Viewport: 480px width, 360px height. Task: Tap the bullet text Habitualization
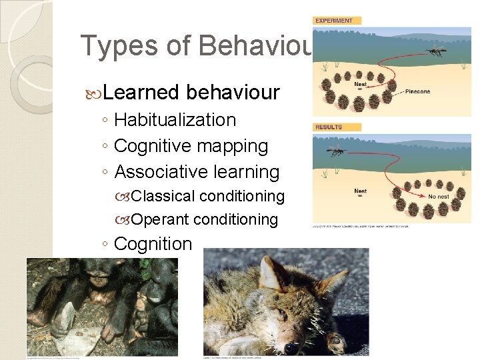click(x=175, y=120)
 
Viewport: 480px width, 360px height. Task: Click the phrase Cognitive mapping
click(x=191, y=146)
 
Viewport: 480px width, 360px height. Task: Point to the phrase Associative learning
click(x=197, y=172)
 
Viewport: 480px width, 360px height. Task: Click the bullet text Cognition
click(x=153, y=244)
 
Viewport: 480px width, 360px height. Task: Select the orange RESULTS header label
click(x=329, y=127)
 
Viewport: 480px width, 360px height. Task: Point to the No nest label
click(x=439, y=196)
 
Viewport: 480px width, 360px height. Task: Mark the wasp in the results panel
click(x=336, y=153)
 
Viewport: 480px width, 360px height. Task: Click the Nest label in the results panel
click(x=360, y=191)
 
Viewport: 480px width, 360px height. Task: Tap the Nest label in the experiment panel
click(x=360, y=85)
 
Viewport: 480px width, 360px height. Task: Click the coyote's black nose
click(x=291, y=347)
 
